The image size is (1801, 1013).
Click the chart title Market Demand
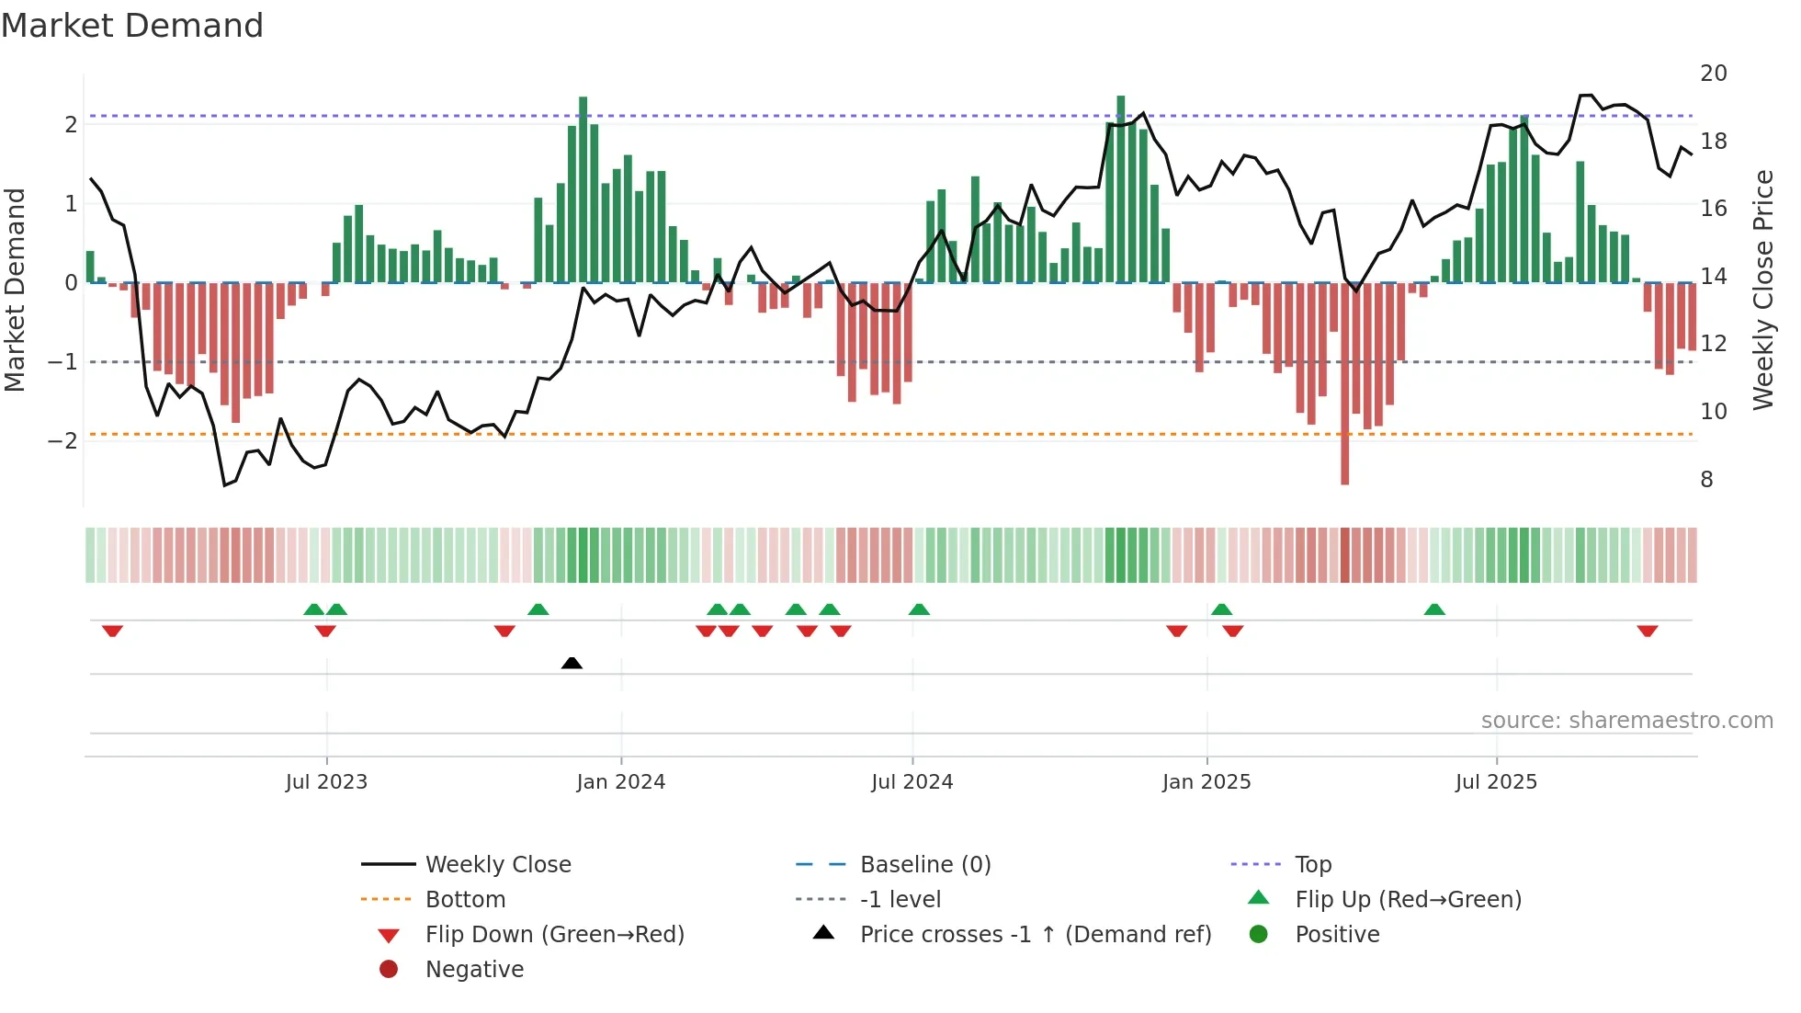(x=132, y=26)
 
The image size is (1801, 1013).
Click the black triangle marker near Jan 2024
(x=572, y=663)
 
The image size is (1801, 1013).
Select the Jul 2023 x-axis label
(x=326, y=782)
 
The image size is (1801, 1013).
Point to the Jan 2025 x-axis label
(x=1206, y=782)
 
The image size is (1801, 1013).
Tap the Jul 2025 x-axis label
(x=1496, y=782)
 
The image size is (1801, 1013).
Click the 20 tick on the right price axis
(x=1713, y=74)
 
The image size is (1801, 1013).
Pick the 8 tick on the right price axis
(x=1706, y=480)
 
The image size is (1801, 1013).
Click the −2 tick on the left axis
(x=63, y=441)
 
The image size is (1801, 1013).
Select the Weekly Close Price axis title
(x=1762, y=290)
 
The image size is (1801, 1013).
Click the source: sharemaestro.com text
(x=1626, y=721)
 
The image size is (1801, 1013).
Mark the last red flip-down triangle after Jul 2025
(x=1647, y=631)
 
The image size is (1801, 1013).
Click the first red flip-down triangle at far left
(x=112, y=631)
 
